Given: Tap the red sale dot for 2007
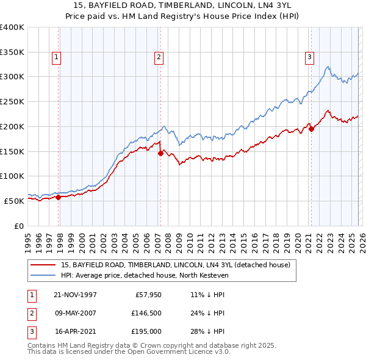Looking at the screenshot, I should (x=160, y=154).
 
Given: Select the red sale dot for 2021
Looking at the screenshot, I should (x=311, y=129).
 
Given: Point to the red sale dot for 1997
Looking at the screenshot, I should (x=59, y=197).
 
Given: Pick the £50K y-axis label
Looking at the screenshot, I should (x=14, y=201).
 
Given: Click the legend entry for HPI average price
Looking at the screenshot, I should (x=144, y=275).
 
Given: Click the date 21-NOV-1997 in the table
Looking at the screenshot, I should (x=75, y=295).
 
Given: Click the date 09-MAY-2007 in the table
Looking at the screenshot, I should (x=75, y=313).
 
